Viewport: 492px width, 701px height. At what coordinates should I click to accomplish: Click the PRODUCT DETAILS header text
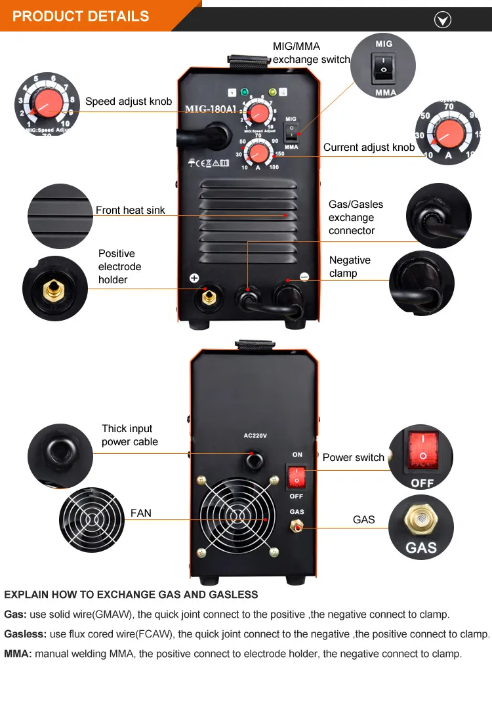tap(81, 16)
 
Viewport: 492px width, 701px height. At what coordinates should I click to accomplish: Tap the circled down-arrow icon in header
tap(442, 20)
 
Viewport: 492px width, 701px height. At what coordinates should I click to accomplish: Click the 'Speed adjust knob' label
tap(129, 102)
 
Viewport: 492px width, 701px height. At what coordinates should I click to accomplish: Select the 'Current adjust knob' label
tap(369, 147)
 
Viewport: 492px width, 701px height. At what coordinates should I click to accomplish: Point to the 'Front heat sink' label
tap(130, 210)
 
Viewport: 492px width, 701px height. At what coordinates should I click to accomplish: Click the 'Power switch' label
tap(354, 457)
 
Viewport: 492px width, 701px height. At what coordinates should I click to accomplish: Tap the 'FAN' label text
tap(141, 513)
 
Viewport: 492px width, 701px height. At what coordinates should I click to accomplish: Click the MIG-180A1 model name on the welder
tap(211, 109)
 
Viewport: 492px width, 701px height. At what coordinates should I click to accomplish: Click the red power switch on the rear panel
tap(296, 477)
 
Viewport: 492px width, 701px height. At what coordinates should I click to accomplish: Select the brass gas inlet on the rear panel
tap(296, 526)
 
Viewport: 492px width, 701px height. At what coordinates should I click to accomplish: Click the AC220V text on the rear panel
tap(255, 435)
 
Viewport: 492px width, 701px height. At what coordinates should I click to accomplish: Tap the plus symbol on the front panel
tap(194, 278)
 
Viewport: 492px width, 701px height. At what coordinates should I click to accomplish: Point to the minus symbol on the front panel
tap(304, 277)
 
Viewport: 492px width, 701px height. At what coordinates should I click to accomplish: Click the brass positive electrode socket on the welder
tap(208, 296)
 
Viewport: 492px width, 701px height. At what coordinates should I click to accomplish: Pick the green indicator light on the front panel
tap(244, 92)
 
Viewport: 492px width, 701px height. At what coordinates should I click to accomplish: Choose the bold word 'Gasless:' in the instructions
tap(25, 634)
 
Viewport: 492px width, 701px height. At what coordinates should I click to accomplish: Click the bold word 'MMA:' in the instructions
tap(18, 654)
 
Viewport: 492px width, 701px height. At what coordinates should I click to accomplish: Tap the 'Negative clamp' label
tap(350, 266)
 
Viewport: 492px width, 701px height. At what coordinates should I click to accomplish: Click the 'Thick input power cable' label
tap(130, 435)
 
